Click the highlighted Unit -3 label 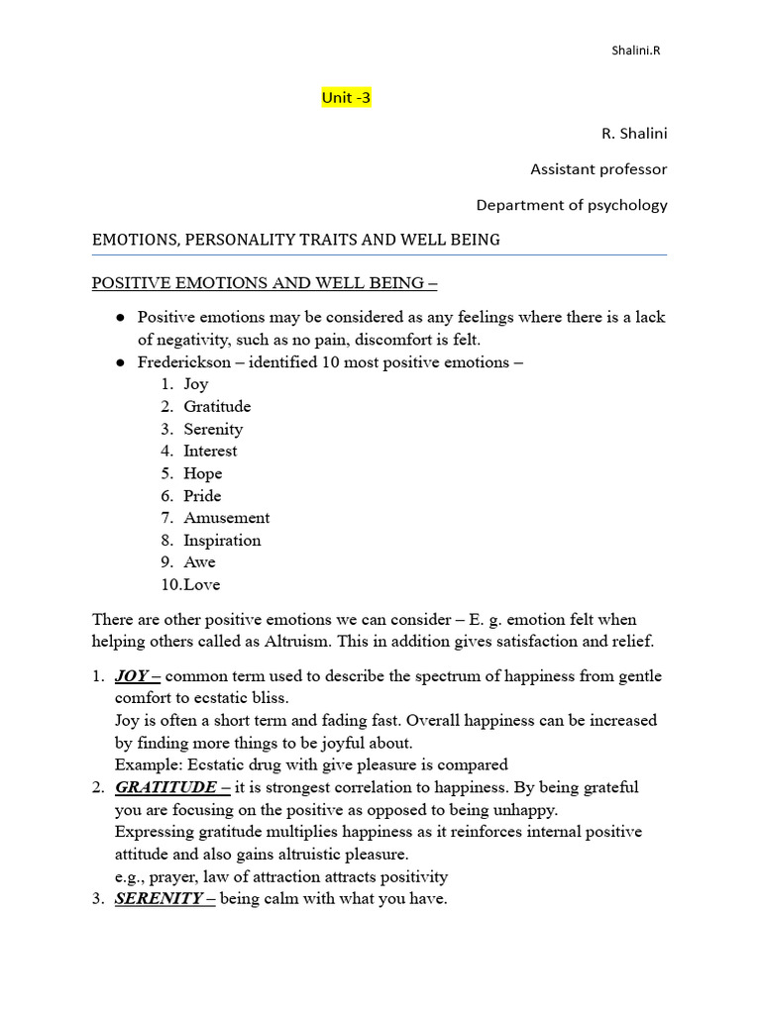346,97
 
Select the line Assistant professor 598,169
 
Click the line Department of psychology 572,205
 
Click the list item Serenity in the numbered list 213,429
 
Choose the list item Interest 210,451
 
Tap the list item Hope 202,473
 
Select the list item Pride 202,495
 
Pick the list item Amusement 226,517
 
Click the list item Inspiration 222,540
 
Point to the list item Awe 199,561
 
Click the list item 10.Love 190,584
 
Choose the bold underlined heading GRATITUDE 165,787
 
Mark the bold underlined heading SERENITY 159,898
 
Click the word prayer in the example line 174,876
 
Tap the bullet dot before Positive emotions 120,318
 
